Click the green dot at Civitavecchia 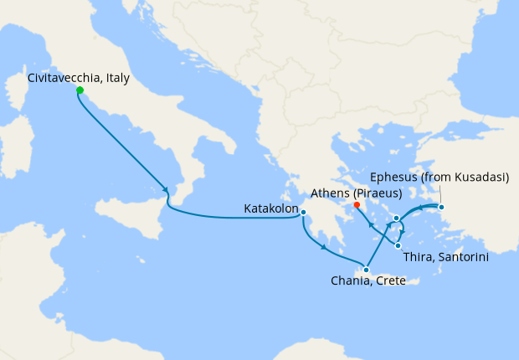[x=80, y=90]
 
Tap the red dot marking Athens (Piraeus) [x=357, y=204]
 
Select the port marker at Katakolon [x=303, y=213]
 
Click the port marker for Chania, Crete [x=366, y=270]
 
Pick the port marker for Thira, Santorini [x=397, y=245]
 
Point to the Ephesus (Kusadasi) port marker [x=441, y=207]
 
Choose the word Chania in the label [x=350, y=281]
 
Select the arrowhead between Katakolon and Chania [x=322, y=245]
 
